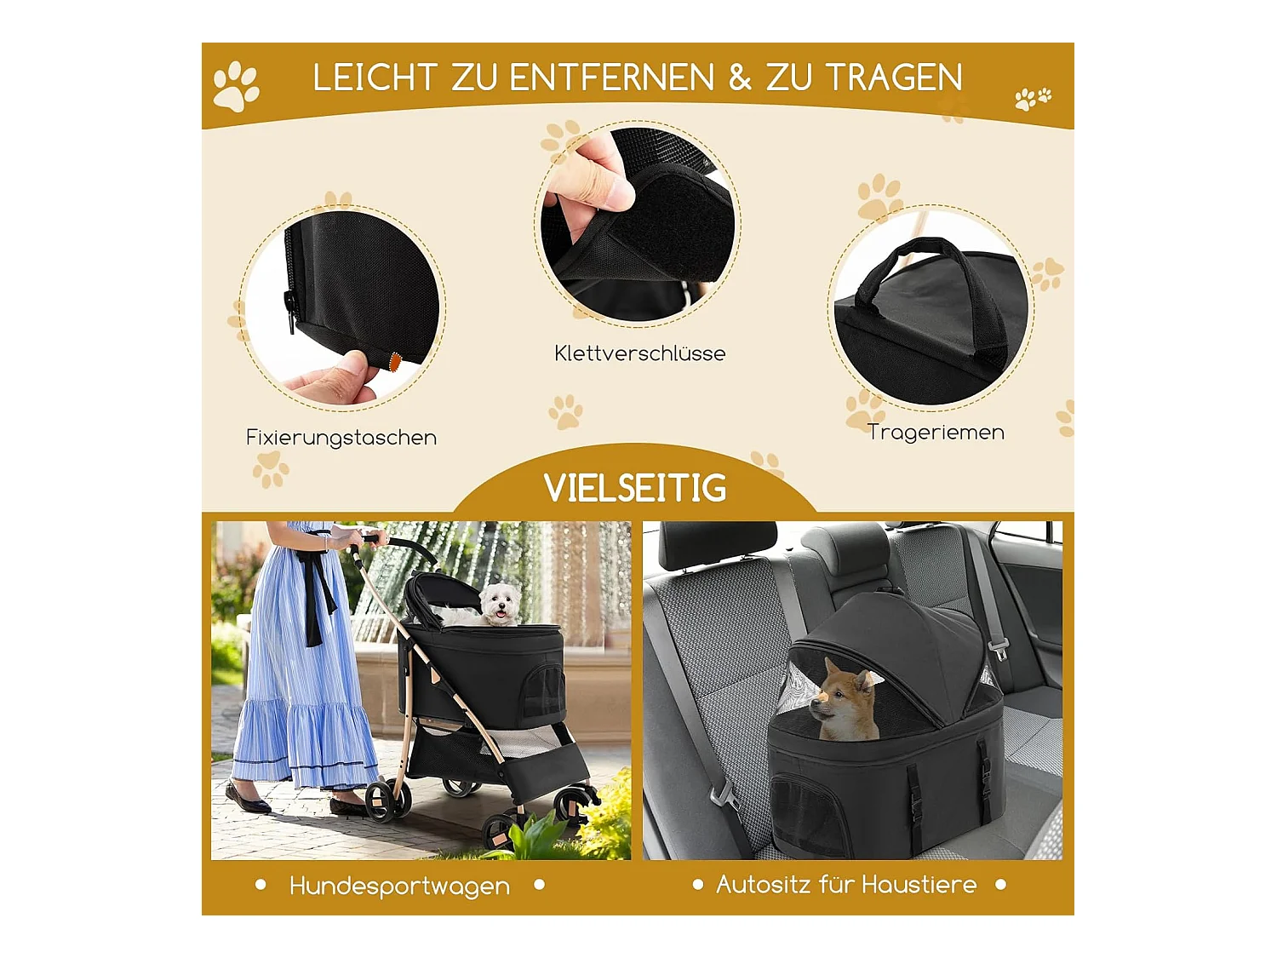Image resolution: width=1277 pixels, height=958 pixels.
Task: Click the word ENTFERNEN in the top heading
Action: (611, 77)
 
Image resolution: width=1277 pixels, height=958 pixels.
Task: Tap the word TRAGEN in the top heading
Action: (895, 77)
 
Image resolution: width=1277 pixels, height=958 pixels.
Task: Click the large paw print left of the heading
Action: (236, 86)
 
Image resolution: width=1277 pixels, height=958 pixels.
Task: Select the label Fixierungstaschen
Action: (341, 438)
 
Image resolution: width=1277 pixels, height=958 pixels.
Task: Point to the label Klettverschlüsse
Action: (640, 353)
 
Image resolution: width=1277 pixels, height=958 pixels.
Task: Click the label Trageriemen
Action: (936, 433)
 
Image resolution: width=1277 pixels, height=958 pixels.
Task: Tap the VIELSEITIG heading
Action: (635, 487)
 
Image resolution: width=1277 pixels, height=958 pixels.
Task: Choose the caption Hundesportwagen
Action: (399, 886)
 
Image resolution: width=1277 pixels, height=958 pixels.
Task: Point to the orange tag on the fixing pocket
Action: (395, 360)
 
